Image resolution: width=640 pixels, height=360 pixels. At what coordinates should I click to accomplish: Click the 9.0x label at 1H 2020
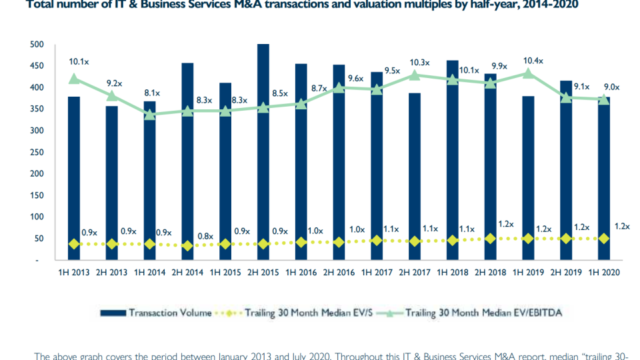click(x=611, y=86)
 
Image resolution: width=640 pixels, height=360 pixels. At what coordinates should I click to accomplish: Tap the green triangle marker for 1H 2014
click(x=150, y=115)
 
